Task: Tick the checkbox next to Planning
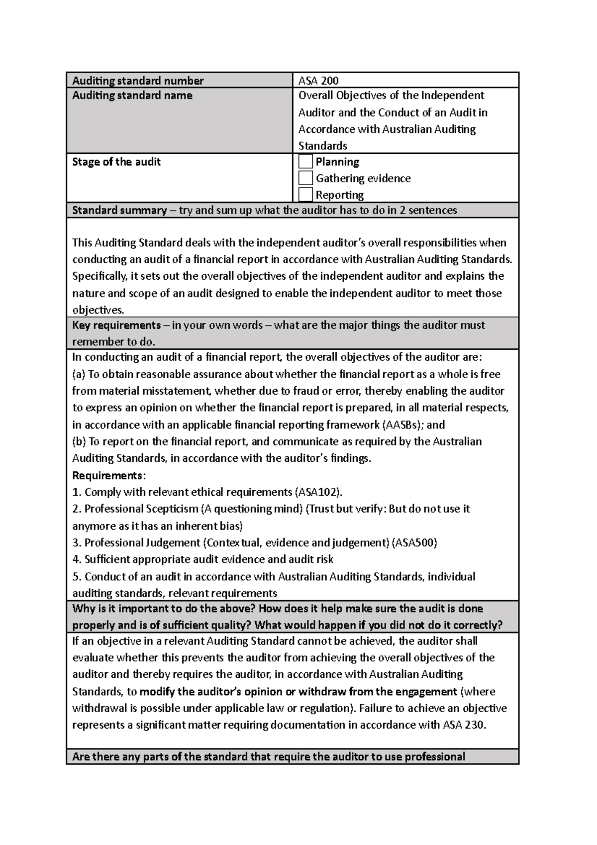[306, 162]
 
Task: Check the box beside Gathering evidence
[306, 178]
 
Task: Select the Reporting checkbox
[306, 195]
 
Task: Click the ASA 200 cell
[318, 81]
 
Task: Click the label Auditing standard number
[138, 81]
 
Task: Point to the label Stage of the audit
[116, 162]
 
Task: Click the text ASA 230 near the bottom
[463, 725]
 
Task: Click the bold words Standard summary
[119, 210]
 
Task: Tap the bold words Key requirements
[116, 325]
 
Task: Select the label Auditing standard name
[132, 96]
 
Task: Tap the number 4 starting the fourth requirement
[76, 560]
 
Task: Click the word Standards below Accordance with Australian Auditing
[322, 146]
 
